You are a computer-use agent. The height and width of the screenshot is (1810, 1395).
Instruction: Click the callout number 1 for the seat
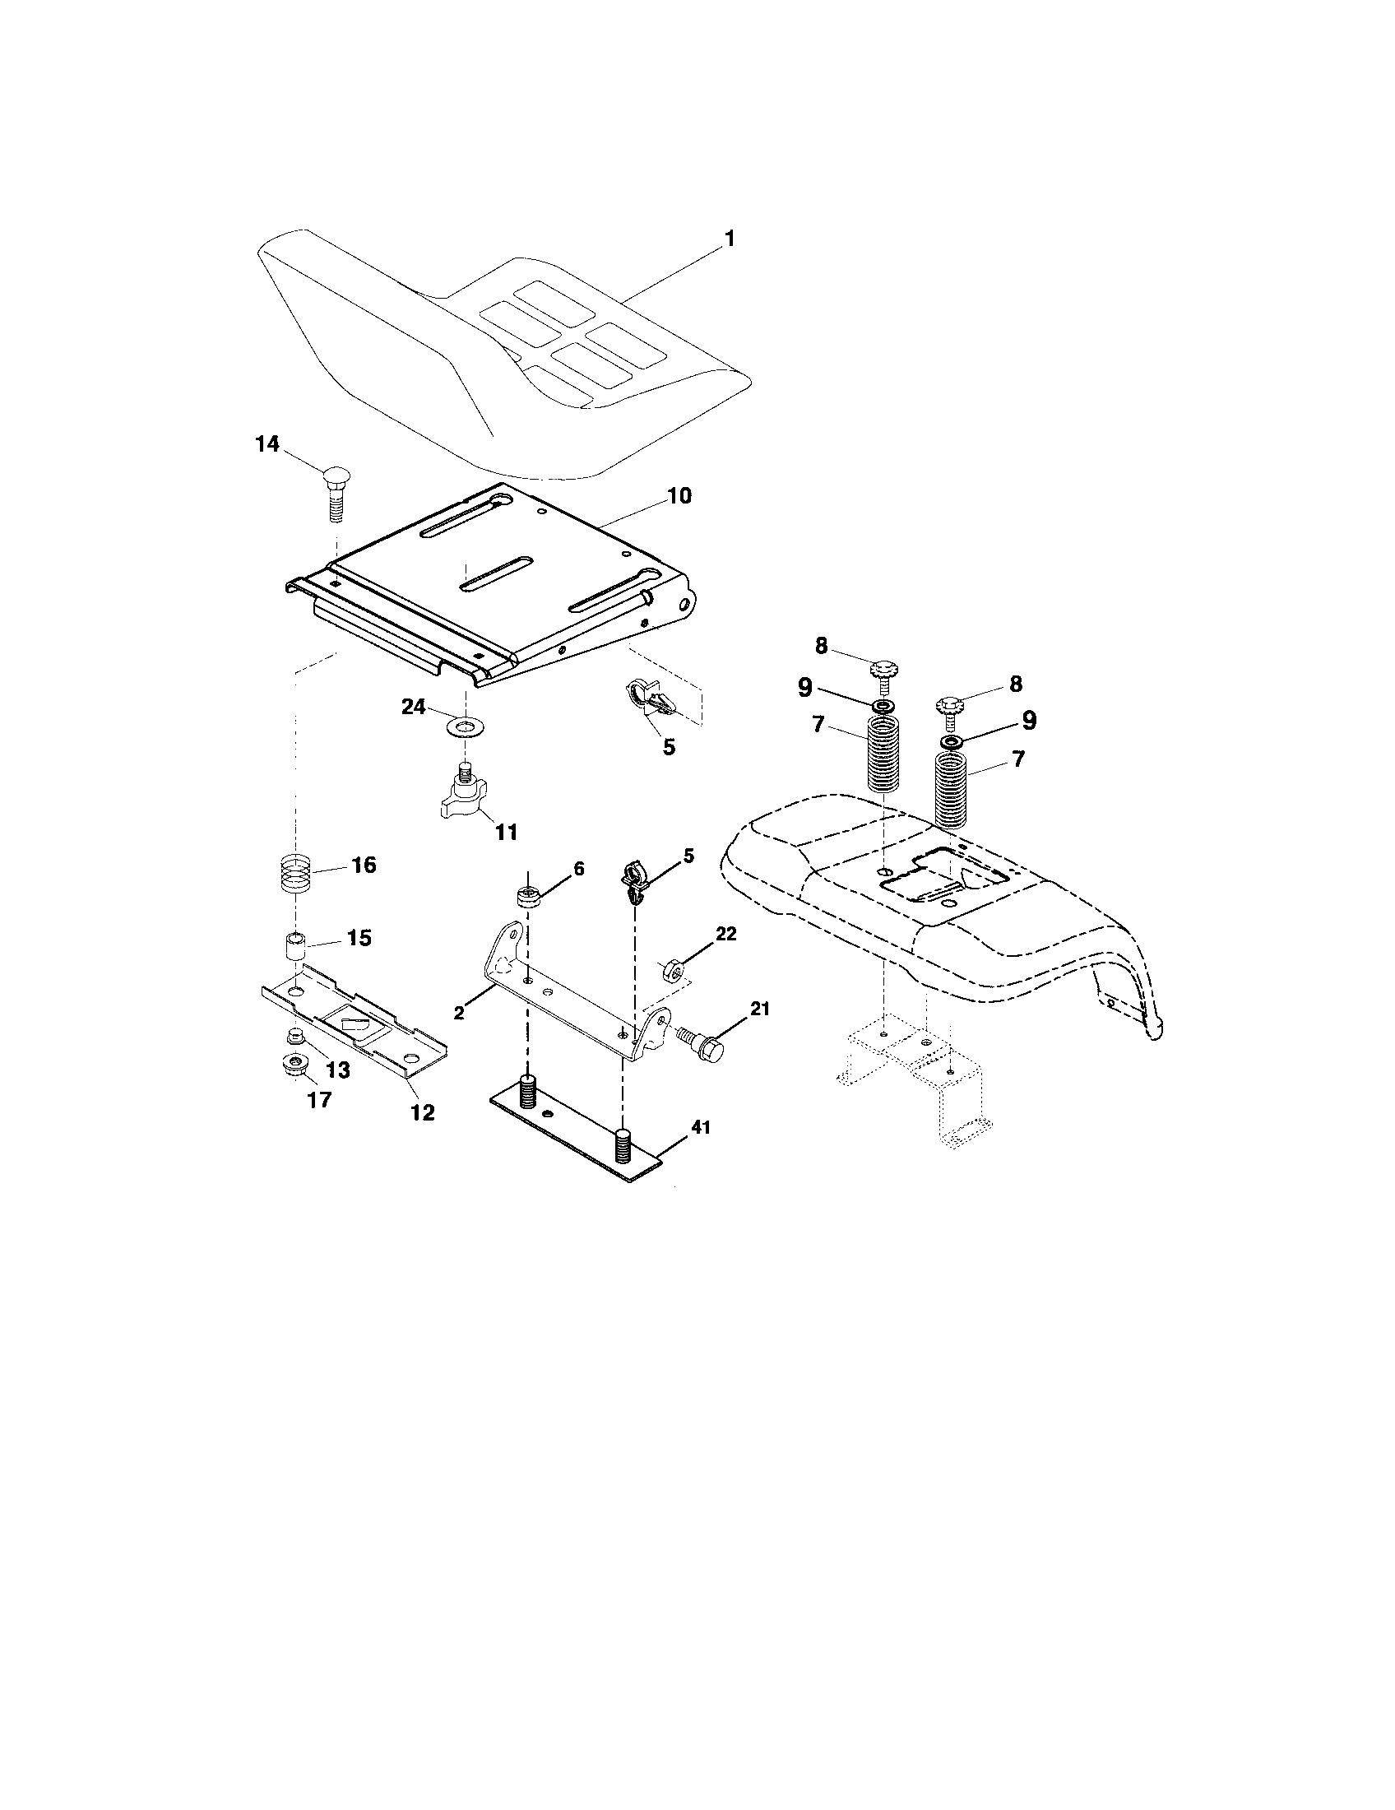(x=730, y=239)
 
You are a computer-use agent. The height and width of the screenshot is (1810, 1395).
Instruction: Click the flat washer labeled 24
(x=466, y=727)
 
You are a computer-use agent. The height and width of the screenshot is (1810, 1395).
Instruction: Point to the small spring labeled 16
(x=298, y=874)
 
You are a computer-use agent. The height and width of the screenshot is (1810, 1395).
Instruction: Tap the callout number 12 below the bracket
(x=423, y=1112)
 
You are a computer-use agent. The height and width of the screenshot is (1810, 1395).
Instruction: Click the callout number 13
(x=337, y=1070)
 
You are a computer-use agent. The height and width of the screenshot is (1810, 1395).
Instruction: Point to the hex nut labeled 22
(x=674, y=968)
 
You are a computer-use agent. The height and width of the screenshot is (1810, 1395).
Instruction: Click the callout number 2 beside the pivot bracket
(x=458, y=1011)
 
